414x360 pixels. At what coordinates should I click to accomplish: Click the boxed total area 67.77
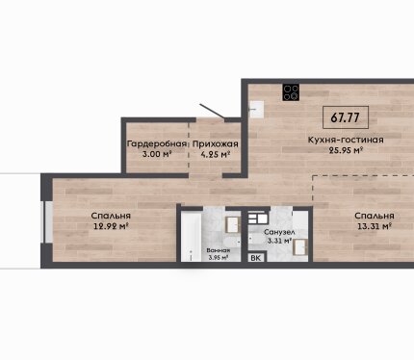coord(346,117)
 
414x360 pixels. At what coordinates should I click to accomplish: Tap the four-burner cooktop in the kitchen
coord(291,92)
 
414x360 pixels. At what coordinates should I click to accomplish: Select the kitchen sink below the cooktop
coord(257,110)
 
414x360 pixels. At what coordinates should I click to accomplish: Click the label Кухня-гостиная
coord(346,140)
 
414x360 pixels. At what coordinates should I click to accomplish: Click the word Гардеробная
coord(157,143)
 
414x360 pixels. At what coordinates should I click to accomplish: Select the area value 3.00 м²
coord(157,154)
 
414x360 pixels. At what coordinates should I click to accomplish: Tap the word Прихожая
coord(216,144)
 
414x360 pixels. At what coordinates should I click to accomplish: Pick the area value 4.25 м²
coord(216,154)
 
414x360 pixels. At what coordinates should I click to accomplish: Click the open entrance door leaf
coord(212,112)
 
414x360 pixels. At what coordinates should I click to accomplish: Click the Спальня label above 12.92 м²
coord(111,216)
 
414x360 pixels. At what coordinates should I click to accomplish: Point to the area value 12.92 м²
coord(111,226)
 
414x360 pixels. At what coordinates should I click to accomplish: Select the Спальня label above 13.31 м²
coord(375,216)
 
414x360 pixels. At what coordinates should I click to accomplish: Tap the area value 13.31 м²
coord(375,226)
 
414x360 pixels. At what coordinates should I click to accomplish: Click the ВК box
coord(256,258)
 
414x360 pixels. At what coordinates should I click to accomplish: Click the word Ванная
coord(219,250)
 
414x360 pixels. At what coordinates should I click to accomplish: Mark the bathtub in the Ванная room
coord(192,236)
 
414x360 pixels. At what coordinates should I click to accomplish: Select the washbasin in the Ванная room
coord(233,224)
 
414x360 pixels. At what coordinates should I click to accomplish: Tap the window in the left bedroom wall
coord(48,221)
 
